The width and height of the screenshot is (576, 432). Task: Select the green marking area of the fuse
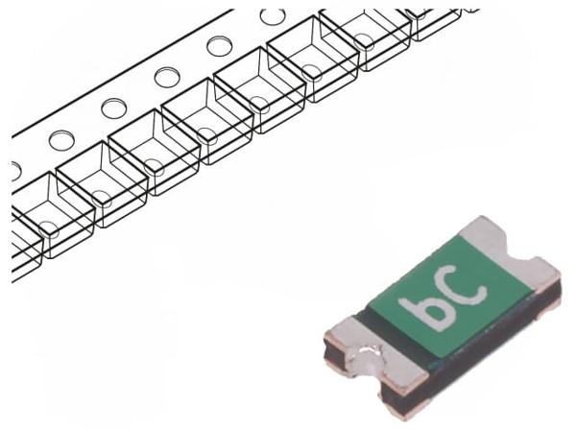[x=453, y=298]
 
